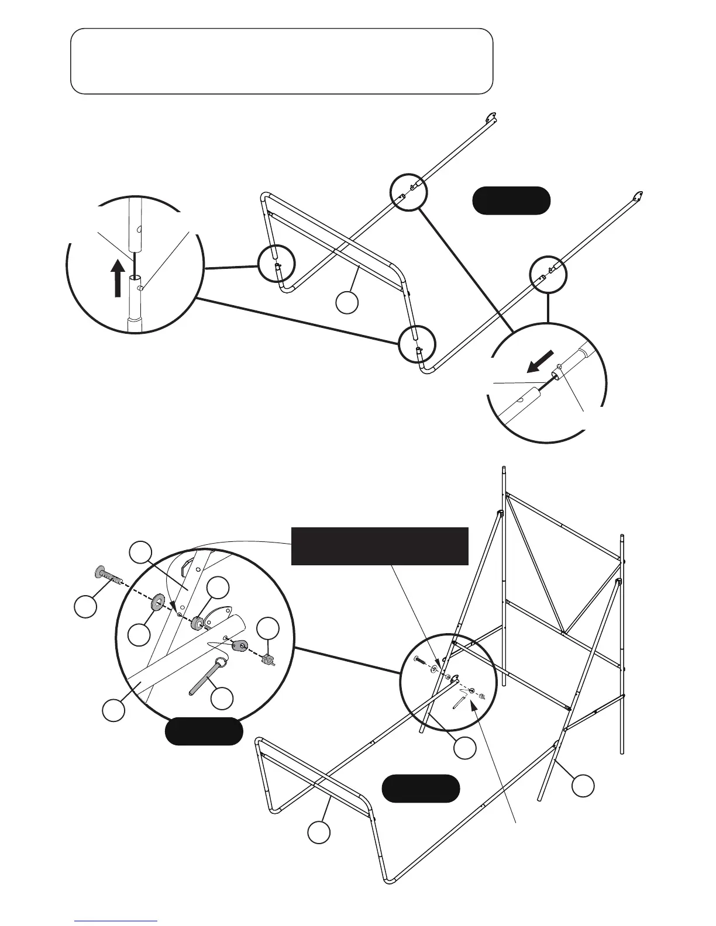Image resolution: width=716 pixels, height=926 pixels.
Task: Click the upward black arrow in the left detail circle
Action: [x=118, y=278]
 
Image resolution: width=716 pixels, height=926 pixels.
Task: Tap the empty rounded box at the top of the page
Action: [x=281, y=61]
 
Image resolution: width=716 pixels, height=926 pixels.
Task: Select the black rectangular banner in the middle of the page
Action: [x=380, y=546]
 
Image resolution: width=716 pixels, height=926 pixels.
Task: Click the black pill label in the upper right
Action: [x=511, y=201]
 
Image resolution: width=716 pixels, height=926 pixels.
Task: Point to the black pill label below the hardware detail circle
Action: [x=204, y=731]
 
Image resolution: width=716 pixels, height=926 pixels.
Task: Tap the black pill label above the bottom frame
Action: [x=420, y=788]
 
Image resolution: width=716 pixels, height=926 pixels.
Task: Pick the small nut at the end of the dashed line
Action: [x=267, y=660]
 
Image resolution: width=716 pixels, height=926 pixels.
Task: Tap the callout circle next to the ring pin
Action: [x=222, y=697]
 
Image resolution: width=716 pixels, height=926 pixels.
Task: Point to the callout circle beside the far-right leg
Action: [x=583, y=785]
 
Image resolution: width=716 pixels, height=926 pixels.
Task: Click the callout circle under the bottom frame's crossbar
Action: [x=318, y=832]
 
